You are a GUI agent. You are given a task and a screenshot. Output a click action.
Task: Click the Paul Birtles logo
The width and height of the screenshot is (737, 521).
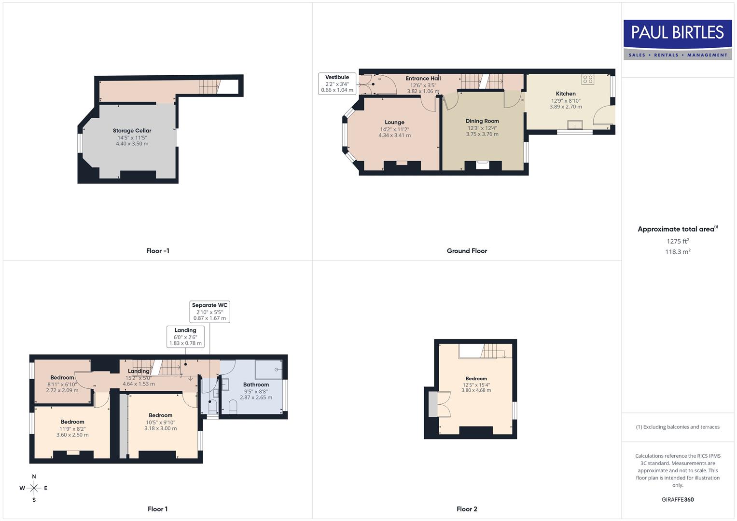click(x=678, y=40)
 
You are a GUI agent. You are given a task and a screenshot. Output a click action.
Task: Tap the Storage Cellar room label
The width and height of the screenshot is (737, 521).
click(x=132, y=131)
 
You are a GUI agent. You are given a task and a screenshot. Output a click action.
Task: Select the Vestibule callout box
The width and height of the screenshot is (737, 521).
click(x=337, y=83)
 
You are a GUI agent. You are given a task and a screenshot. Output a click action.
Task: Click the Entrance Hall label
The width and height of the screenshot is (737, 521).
click(x=423, y=79)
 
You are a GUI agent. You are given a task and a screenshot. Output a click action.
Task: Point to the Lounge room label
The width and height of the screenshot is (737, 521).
click(x=394, y=123)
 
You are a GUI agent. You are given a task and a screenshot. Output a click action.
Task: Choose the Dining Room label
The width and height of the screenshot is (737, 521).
click(x=482, y=121)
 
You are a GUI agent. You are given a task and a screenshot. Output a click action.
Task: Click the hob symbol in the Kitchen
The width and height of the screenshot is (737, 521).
click(x=587, y=79)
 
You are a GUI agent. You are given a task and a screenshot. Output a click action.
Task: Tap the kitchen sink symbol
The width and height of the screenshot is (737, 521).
click(x=575, y=125)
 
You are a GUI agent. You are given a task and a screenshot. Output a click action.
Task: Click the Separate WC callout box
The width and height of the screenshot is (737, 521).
click(x=209, y=312)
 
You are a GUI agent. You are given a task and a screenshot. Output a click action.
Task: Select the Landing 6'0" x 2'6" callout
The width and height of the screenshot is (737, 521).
click(x=185, y=337)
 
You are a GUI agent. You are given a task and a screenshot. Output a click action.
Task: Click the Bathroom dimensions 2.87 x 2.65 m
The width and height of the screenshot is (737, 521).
click(x=256, y=398)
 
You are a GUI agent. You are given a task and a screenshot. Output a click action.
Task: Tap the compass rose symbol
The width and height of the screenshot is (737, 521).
click(x=34, y=488)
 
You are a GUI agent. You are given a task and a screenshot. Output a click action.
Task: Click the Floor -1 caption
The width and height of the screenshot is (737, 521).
click(x=157, y=251)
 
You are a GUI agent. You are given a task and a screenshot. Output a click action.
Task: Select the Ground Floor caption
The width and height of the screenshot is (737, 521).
click(x=467, y=251)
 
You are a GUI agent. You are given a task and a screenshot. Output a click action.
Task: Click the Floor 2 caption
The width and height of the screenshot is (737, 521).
click(x=467, y=509)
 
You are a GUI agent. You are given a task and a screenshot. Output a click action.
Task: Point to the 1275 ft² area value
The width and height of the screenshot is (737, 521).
click(x=678, y=241)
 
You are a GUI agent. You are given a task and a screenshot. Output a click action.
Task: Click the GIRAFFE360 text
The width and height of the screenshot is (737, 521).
click(x=678, y=499)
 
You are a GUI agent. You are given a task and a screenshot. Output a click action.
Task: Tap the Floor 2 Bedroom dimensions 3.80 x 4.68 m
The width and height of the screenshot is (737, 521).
click(x=476, y=390)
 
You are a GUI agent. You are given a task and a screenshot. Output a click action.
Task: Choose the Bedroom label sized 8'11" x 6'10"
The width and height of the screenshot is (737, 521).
click(x=62, y=378)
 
